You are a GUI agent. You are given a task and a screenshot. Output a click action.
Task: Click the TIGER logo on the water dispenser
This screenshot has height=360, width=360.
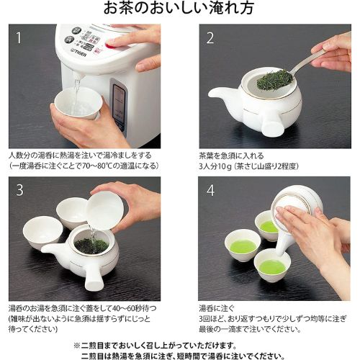pyautogui.click(x=78, y=53)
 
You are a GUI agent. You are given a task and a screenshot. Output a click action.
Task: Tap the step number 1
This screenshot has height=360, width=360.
pyautogui.click(x=19, y=38)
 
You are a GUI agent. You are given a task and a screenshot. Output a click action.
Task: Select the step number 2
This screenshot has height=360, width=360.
pyautogui.click(x=210, y=38)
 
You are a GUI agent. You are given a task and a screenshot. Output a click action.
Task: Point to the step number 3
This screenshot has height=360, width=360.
pyautogui.click(x=19, y=190)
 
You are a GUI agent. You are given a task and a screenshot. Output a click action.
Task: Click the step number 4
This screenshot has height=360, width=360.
pyautogui.click(x=210, y=191)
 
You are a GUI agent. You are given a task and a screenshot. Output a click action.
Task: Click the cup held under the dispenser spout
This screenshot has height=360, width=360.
pyautogui.click(x=78, y=103)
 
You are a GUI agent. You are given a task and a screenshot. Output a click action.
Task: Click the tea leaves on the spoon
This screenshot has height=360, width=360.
pyautogui.click(x=275, y=78)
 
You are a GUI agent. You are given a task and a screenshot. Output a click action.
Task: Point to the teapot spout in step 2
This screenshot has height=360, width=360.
pyautogui.click(x=221, y=93)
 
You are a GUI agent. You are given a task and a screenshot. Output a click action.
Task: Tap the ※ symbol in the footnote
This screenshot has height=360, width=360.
pyautogui.click(x=77, y=346)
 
